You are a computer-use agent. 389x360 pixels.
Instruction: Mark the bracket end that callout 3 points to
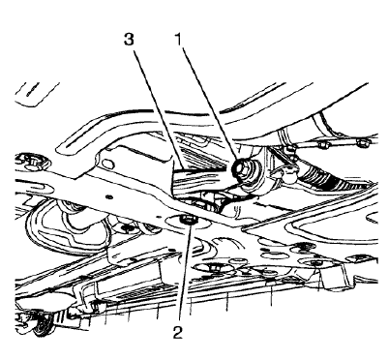184,179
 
